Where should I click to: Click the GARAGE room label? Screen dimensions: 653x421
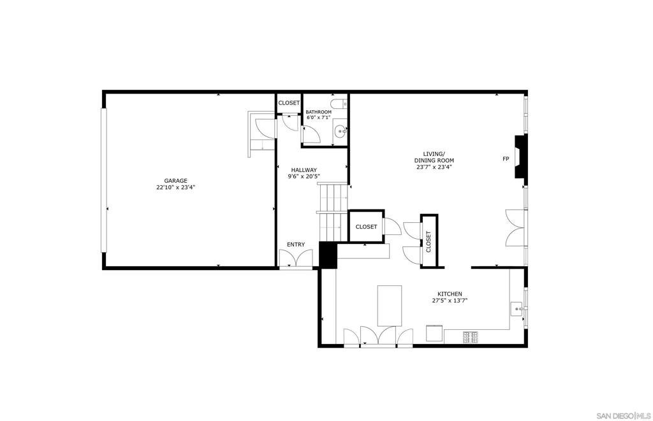pyautogui.click(x=175, y=180)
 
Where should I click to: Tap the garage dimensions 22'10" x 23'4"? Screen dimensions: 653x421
pyautogui.click(x=176, y=188)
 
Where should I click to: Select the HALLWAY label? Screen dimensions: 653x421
pyautogui.click(x=304, y=169)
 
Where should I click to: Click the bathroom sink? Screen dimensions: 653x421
pyautogui.click(x=341, y=132)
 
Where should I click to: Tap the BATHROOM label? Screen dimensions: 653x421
pyautogui.click(x=319, y=112)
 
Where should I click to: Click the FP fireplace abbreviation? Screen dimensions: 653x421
pyautogui.click(x=506, y=159)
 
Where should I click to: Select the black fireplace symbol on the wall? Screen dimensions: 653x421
pyautogui.click(x=520, y=157)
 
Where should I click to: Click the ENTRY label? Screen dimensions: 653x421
pyautogui.click(x=296, y=245)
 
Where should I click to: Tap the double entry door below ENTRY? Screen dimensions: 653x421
pyautogui.click(x=296, y=259)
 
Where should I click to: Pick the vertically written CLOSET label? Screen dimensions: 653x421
pyautogui.click(x=429, y=241)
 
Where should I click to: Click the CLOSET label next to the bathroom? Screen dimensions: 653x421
pyautogui.click(x=289, y=103)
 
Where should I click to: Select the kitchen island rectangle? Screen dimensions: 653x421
pyautogui.click(x=390, y=306)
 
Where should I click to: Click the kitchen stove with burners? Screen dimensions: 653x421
pyautogui.click(x=471, y=337)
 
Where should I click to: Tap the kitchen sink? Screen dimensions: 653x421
pyautogui.click(x=518, y=310)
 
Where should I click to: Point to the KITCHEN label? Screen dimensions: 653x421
pyautogui.click(x=450, y=294)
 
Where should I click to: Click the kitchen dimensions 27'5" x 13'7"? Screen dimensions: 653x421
pyautogui.click(x=450, y=301)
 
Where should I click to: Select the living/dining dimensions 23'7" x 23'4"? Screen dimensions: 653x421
pyautogui.click(x=434, y=168)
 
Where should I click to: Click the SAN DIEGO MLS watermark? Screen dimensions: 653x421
pyautogui.click(x=624, y=416)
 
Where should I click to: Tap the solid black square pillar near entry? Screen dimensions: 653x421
pyautogui.click(x=328, y=255)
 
